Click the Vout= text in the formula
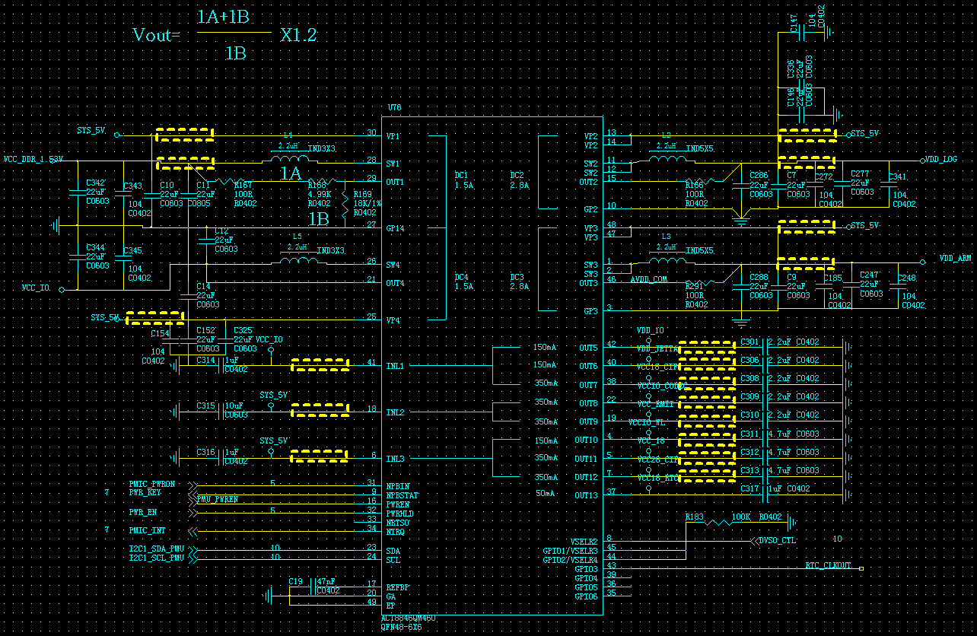(156, 35)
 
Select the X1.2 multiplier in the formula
(298, 35)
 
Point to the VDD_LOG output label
(941, 160)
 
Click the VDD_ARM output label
(955, 259)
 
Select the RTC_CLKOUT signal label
(829, 567)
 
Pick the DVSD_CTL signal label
(777, 541)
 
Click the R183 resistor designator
(694, 517)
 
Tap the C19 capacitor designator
(296, 581)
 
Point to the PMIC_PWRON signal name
(151, 484)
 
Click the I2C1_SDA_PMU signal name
(157, 549)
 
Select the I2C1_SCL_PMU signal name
(157, 558)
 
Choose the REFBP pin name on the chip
(398, 587)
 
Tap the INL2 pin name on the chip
(395, 412)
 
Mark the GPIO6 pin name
(586, 596)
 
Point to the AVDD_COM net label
(648, 280)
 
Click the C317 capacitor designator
(749, 489)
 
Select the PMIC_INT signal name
(147, 530)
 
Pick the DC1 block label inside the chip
(462, 175)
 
